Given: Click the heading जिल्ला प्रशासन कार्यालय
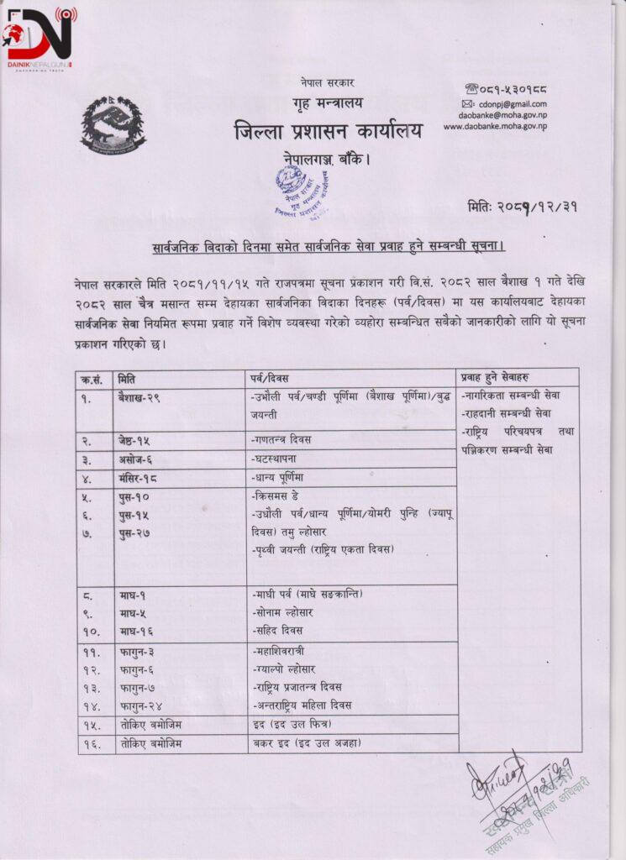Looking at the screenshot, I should pos(329,131).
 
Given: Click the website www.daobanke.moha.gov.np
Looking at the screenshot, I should pos(495,126).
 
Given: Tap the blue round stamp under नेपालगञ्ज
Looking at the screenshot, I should pos(300,191).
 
